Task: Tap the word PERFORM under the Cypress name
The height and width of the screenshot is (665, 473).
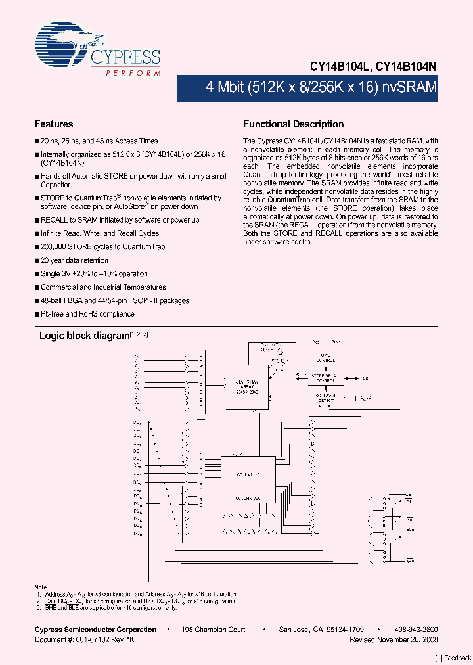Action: [133, 74]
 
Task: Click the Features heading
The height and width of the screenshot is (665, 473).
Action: [54, 124]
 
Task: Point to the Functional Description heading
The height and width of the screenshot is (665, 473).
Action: [293, 124]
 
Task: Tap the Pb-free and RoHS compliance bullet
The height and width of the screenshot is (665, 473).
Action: [87, 314]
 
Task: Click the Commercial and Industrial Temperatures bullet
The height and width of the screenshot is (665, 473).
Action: [103, 287]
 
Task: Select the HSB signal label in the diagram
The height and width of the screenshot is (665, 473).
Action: [365, 378]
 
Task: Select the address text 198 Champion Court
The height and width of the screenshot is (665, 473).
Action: [214, 630]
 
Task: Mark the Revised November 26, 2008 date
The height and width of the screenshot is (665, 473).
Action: [394, 639]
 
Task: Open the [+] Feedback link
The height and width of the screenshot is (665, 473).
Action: [453, 658]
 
